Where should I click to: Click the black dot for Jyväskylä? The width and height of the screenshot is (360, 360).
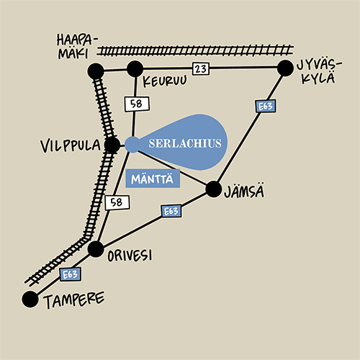coord(285,68)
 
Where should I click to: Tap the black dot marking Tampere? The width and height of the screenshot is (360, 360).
coord(30,299)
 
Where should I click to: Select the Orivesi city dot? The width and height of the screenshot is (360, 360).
coord(96,249)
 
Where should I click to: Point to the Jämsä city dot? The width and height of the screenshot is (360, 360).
coord(214,189)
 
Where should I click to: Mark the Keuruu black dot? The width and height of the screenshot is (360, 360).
coord(135,69)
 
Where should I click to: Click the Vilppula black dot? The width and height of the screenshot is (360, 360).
coord(112,145)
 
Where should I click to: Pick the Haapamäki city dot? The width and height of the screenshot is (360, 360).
coord(96,71)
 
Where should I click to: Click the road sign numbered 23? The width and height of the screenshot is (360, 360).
coord(201,69)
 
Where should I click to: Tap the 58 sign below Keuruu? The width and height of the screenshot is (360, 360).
coord(137,104)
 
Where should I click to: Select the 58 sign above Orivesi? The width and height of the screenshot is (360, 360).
coord(117,202)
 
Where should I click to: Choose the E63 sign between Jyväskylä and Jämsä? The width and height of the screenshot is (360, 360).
coord(266,106)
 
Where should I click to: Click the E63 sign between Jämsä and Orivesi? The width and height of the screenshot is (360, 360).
coord(171,211)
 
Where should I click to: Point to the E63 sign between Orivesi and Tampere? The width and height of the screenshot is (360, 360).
coord(70,274)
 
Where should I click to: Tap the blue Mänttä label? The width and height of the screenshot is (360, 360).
coord(153,179)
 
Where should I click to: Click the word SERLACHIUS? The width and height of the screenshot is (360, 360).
coord(185,143)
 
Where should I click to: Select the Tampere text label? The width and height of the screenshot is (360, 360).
coord(74,300)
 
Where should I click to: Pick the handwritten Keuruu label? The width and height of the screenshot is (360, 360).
coord(165,81)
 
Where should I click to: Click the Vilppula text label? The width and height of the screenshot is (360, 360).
coord(71,145)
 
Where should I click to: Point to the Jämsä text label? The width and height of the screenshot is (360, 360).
coord(244,192)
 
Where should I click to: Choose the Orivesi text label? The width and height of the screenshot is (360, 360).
coord(130,256)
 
